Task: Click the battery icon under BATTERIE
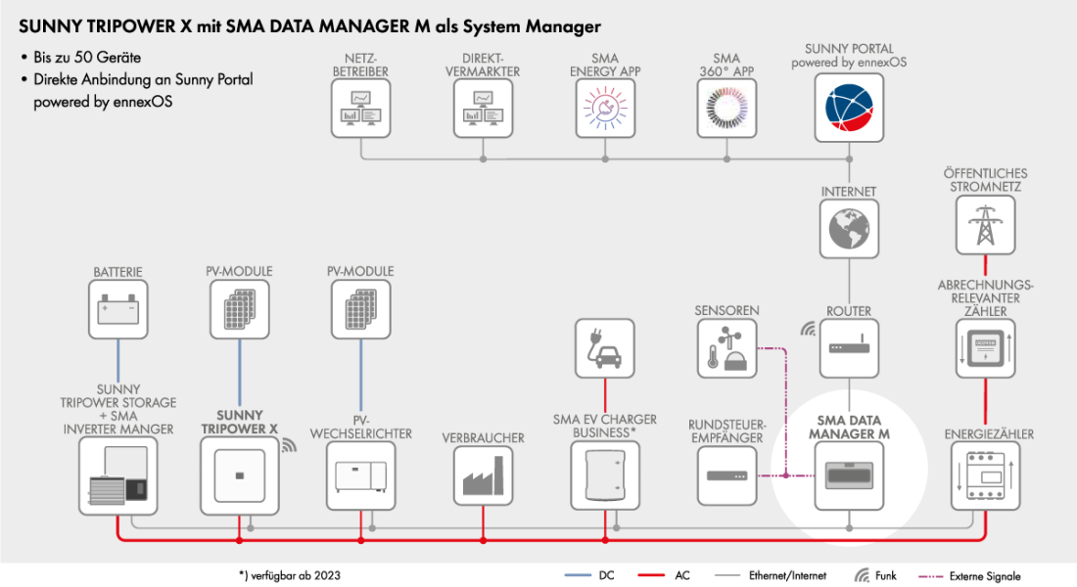117,309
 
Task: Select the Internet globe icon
849,228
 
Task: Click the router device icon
849,348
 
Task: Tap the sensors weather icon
727,348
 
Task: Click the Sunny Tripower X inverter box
238,474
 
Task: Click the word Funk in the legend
885,576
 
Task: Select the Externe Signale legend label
985,576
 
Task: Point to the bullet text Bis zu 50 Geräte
87,58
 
